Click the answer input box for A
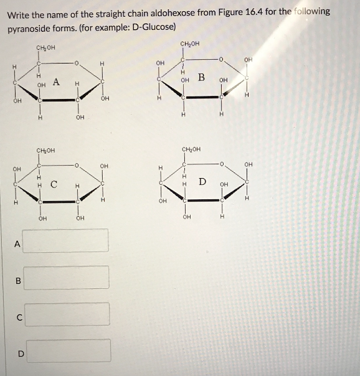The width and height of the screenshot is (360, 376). [x=67, y=241]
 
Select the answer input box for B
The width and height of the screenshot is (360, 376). [x=67, y=278]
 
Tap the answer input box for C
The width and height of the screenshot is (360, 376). [x=67, y=314]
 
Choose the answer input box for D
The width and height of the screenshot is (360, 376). [x=67, y=350]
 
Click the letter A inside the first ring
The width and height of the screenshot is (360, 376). [x=56, y=81]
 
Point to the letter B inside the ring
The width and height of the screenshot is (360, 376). [x=201, y=77]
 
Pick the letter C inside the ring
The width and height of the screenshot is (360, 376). [x=54, y=184]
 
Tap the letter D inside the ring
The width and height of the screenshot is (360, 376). [x=202, y=181]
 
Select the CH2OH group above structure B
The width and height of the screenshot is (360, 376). [x=189, y=44]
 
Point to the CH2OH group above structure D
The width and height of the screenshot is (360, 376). [x=191, y=149]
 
